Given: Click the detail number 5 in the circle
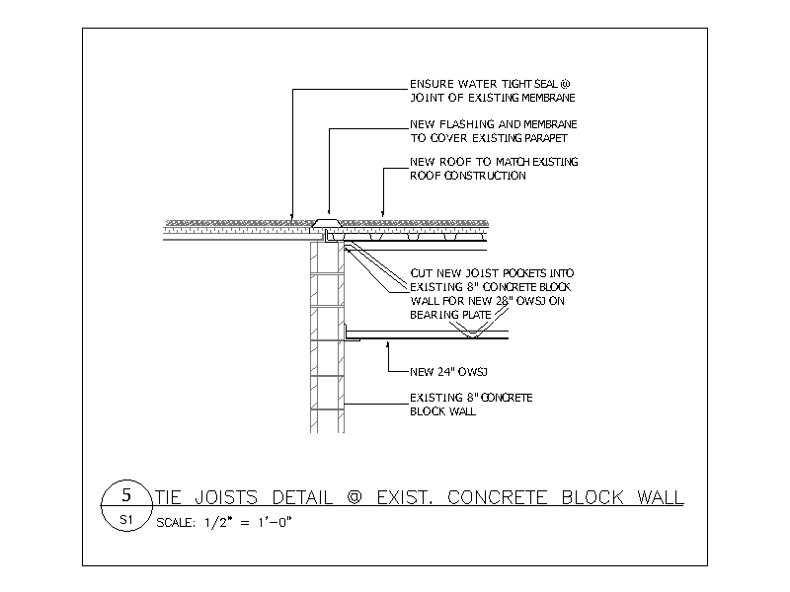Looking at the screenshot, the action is (x=126, y=495).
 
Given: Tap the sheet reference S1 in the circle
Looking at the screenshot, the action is (x=126, y=520).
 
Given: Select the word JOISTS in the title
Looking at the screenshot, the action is (x=226, y=497).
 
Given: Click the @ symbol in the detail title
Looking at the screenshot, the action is (x=355, y=497).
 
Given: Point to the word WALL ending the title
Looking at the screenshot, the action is (x=661, y=497).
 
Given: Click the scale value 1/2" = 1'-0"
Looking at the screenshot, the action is (x=248, y=523).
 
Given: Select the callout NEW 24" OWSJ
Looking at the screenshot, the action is (x=448, y=372).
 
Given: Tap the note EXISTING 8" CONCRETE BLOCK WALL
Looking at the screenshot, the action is (x=471, y=405).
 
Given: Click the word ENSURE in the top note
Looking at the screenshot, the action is (x=433, y=84).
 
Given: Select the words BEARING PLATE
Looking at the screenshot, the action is (x=450, y=315).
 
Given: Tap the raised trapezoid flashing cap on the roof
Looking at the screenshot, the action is (x=327, y=223).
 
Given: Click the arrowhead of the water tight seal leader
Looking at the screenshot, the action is (x=292, y=217).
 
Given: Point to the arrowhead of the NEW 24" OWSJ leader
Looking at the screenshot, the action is (x=387, y=344).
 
